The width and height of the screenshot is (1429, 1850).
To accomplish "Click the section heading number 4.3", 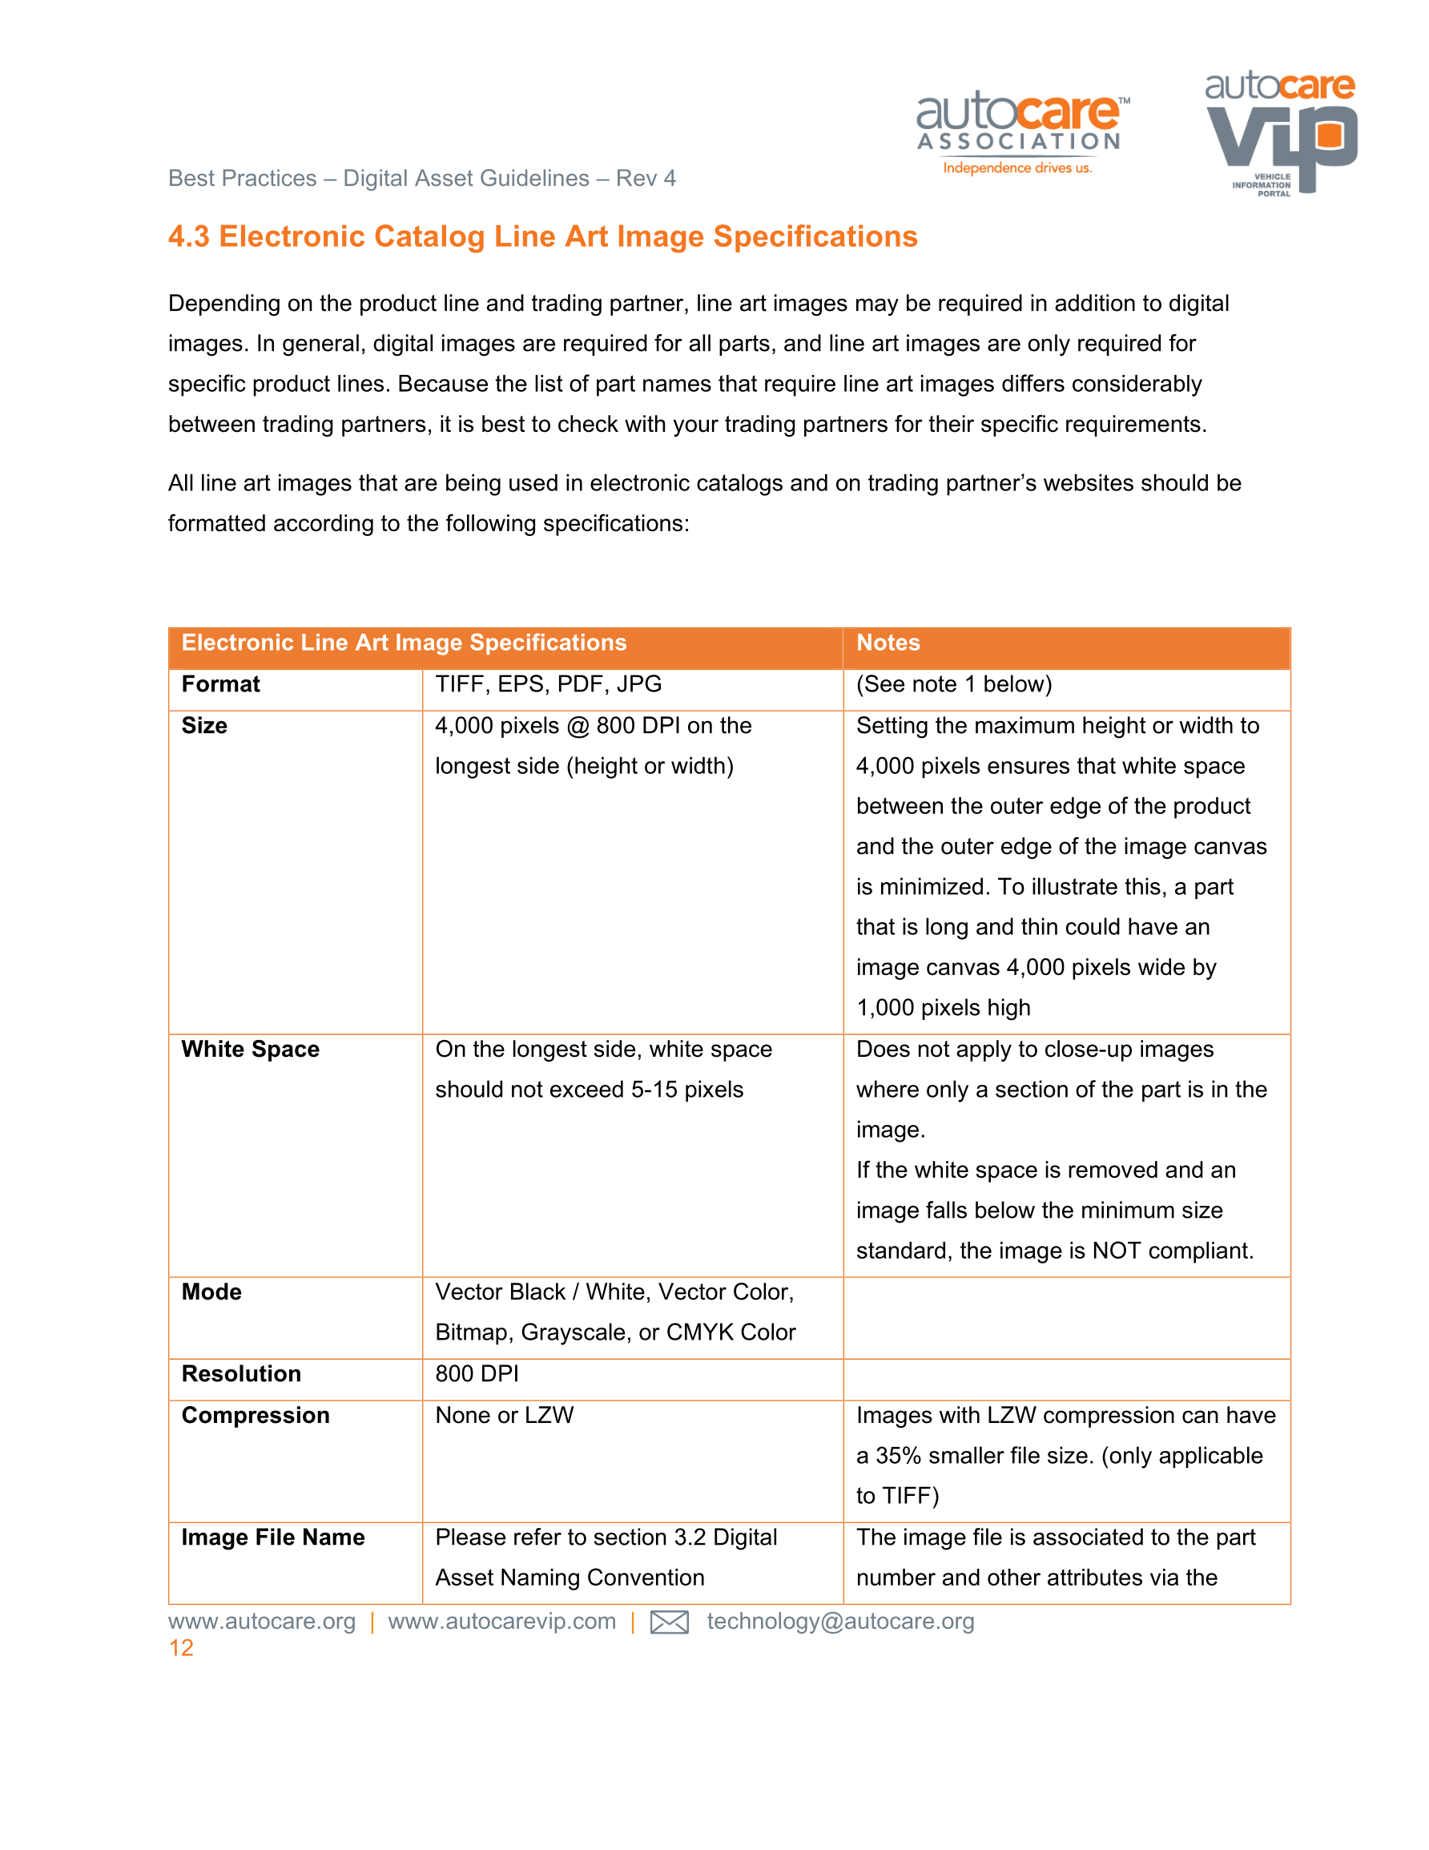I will [x=188, y=236].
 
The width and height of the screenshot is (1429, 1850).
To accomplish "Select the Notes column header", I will [x=887, y=643].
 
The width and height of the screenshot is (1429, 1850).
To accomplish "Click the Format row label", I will [x=220, y=684].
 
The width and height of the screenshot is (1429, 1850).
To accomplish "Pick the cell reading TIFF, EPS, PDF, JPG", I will [x=547, y=684].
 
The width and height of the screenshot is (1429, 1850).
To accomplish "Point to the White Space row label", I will [x=250, y=1050].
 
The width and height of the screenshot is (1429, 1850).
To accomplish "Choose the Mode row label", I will [x=211, y=1292].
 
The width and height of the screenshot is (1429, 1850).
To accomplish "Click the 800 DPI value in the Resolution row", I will [x=476, y=1374].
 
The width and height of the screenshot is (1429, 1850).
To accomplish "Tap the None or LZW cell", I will [x=504, y=1416].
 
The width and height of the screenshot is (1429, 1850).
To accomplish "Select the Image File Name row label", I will [x=273, y=1538].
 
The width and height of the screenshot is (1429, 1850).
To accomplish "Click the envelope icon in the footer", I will [x=668, y=1622].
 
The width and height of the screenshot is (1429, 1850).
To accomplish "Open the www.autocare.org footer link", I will [x=262, y=1622].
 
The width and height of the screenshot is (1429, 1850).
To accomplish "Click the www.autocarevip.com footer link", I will [x=501, y=1622].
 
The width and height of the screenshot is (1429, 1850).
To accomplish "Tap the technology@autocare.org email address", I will [x=840, y=1622].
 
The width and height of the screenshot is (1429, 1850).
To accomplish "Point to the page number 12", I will [x=181, y=1648].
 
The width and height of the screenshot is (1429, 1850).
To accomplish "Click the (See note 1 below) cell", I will [x=953, y=684].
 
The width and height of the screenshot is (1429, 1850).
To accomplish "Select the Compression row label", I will [x=255, y=1416].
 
